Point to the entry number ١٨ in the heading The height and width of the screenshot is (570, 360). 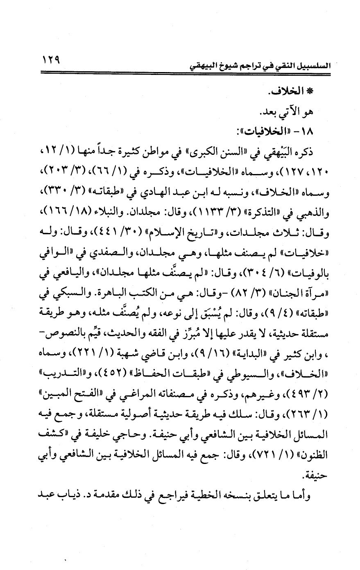click(315, 131)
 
